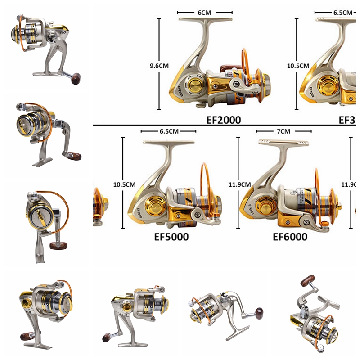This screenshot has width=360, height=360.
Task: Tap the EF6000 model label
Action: click(290, 237)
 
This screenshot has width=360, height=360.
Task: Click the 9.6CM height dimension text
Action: click(159, 66)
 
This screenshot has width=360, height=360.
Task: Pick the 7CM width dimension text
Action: click(283, 131)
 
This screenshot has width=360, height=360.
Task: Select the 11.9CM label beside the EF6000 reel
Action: click(238, 184)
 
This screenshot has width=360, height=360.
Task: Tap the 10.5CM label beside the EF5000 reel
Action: click(124, 184)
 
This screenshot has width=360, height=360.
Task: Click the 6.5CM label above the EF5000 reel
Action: click(168, 131)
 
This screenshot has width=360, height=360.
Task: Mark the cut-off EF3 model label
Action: click(347, 120)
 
